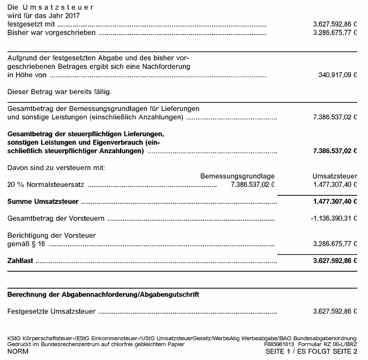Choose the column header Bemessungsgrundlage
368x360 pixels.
click(x=238, y=176)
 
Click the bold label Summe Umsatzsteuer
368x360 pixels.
click(x=43, y=202)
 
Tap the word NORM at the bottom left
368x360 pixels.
click(x=18, y=353)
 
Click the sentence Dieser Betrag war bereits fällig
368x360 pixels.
click(x=59, y=92)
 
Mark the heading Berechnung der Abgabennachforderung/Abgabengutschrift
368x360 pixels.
click(x=103, y=295)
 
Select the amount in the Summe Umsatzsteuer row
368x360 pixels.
click(x=335, y=202)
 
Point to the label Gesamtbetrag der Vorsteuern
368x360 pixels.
click(x=56, y=219)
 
